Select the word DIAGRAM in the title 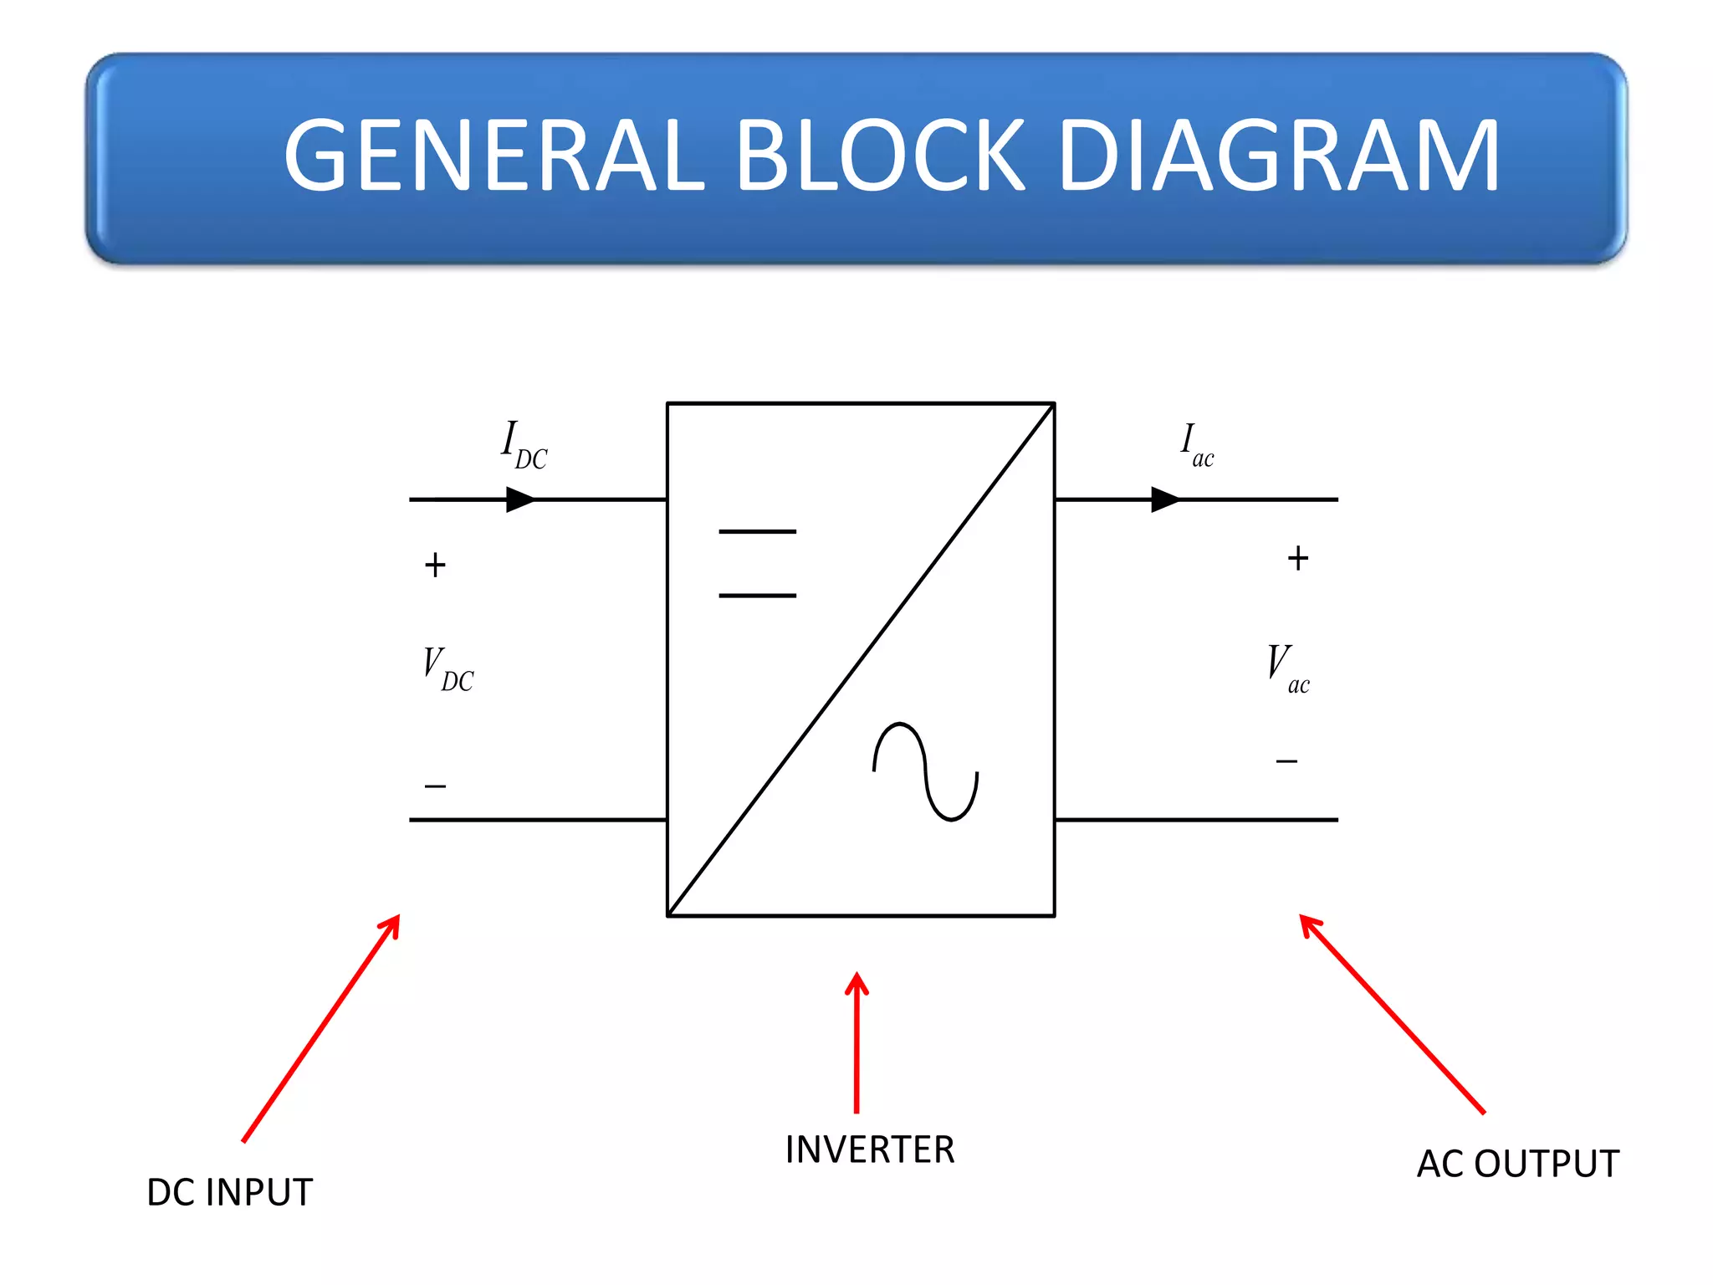[1279, 156]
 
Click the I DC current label [524, 445]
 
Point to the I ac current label [1196, 445]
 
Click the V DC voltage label [447, 669]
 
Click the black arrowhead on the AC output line [1165, 500]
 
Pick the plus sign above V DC [435, 566]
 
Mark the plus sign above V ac [1297, 558]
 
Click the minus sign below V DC [435, 786]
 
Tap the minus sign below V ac [1286, 761]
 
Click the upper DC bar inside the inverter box [758, 531]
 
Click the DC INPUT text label [229, 1192]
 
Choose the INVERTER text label [870, 1149]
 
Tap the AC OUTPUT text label [1517, 1164]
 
